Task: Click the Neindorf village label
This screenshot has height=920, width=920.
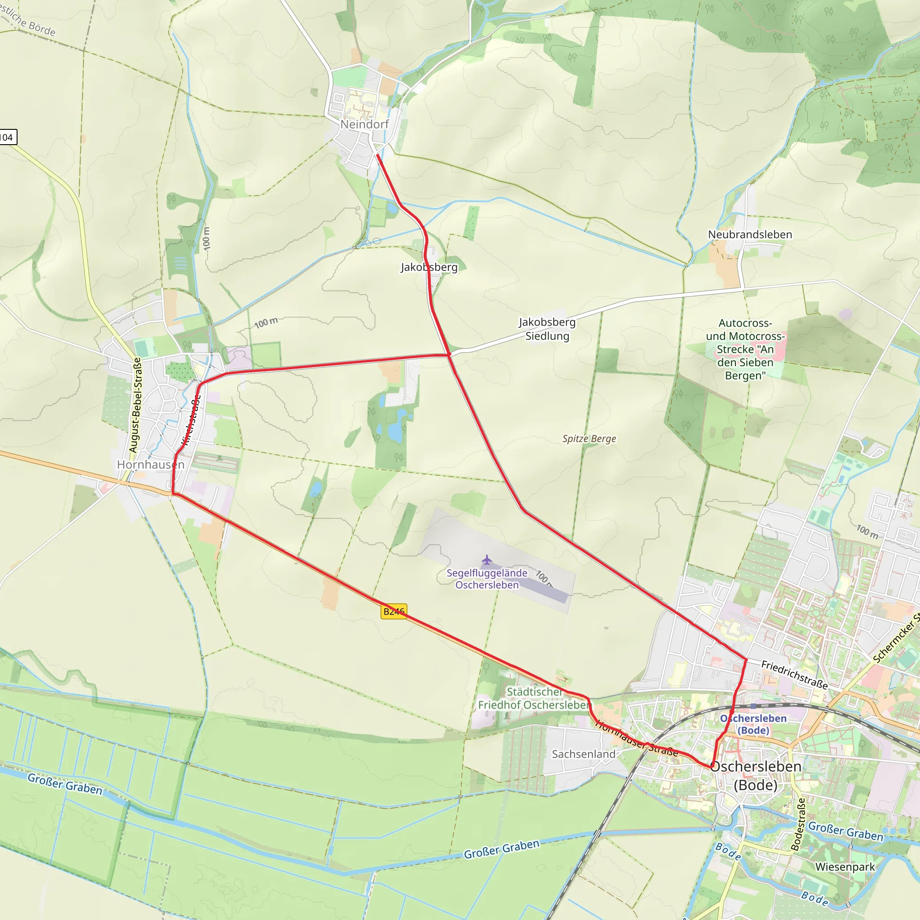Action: (364, 124)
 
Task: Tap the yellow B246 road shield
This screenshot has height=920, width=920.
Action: (394, 611)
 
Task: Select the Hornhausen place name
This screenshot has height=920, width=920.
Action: (150, 464)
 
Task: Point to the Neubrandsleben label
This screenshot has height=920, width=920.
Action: (750, 234)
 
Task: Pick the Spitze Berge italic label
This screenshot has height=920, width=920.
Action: (589, 438)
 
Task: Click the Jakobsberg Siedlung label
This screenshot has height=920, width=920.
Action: (547, 328)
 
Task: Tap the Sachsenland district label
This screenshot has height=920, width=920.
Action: (584, 754)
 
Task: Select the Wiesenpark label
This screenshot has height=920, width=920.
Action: (845, 867)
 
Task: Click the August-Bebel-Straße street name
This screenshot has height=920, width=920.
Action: (135, 405)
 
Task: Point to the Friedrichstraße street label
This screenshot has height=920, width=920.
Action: (794, 674)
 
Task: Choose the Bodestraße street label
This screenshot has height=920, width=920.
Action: (798, 824)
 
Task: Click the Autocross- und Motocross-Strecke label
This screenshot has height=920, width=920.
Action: (745, 349)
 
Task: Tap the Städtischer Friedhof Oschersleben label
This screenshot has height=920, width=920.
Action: (534, 698)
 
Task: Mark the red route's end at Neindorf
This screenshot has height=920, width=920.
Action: (378, 155)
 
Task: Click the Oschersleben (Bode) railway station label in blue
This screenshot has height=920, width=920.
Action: (753, 724)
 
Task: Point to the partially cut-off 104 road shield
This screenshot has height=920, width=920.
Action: (8, 137)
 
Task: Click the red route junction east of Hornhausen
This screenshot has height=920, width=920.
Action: (449, 355)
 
